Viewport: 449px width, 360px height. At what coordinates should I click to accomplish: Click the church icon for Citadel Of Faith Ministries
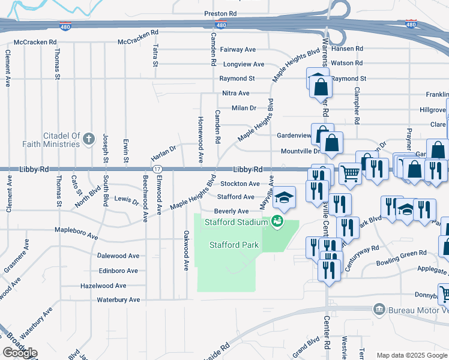point(88,140)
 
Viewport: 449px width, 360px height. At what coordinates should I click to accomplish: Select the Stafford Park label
point(234,245)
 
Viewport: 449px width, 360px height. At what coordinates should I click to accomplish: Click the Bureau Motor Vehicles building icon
point(379,310)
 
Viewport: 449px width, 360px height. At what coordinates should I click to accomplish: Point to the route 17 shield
point(156,170)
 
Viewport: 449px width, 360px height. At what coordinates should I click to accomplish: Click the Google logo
point(20,353)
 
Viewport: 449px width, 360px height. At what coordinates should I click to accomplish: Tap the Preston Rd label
point(220,13)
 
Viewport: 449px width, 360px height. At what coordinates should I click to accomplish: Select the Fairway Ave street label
point(238,50)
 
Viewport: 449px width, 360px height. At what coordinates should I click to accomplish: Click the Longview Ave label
point(243,64)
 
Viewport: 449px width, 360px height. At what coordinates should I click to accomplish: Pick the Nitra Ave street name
point(235,94)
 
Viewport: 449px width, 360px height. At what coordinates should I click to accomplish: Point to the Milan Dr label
point(244,108)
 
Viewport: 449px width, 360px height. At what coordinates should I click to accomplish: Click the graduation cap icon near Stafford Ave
point(285,197)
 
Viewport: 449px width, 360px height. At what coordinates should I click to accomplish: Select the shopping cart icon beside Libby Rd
point(350,173)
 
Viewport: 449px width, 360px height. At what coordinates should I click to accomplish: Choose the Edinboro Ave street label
point(118,271)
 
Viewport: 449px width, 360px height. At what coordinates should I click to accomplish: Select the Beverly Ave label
point(231,211)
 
